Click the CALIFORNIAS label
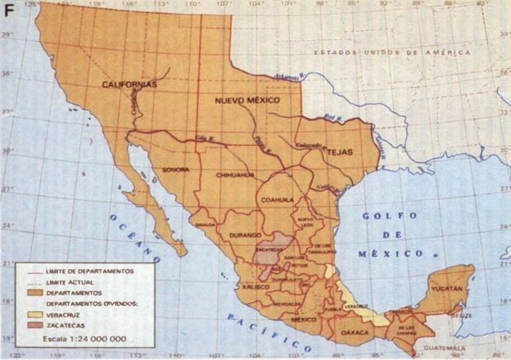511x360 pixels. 129,84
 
